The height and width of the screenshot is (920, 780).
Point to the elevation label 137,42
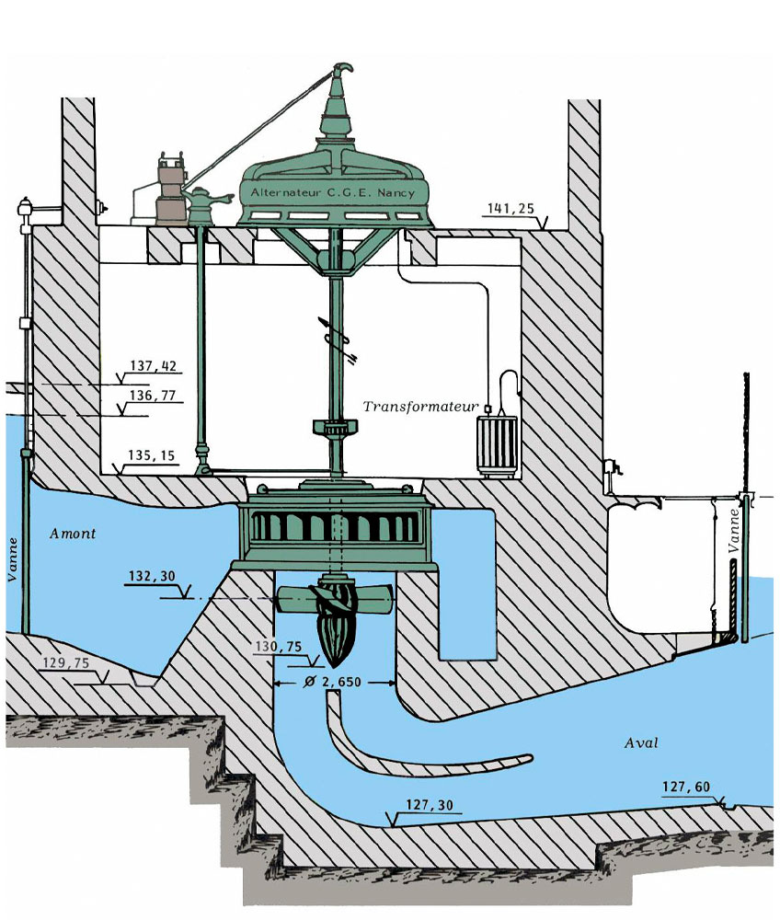coord(153,366)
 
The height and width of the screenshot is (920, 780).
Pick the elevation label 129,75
coord(67,661)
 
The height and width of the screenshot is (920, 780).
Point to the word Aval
coord(641,742)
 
